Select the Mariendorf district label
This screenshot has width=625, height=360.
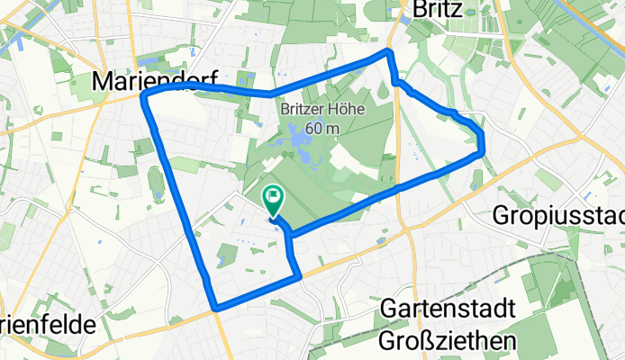[154, 82]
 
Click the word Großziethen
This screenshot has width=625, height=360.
[448, 339]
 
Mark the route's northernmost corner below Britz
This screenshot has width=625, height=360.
[388, 52]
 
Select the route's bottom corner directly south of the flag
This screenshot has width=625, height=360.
[297, 276]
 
